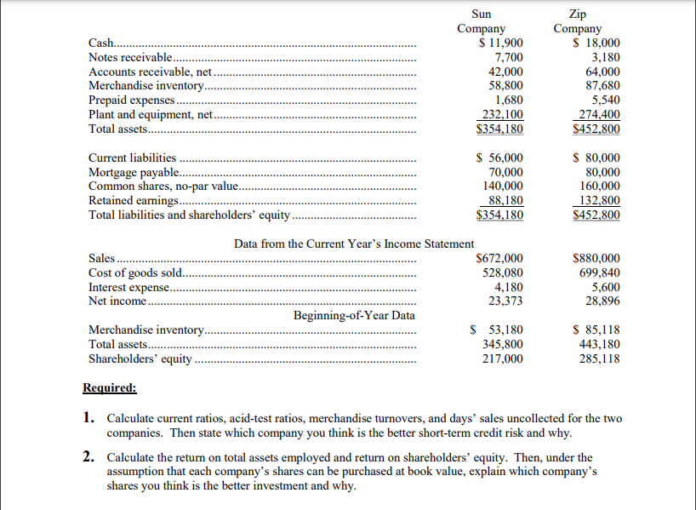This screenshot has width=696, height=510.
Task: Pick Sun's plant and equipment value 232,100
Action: pyautogui.click(x=502, y=115)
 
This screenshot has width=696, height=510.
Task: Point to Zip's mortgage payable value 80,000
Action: pyautogui.click(x=599, y=172)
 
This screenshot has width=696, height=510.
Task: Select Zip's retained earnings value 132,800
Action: pyautogui.click(x=599, y=200)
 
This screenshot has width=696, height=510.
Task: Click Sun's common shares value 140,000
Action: pyautogui.click(x=502, y=186)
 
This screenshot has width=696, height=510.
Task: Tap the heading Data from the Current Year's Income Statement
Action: pyautogui.click(x=354, y=244)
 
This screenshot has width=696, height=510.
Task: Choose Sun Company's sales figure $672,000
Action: pyautogui.click(x=499, y=258)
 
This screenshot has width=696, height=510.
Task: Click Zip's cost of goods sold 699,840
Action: pyautogui.click(x=599, y=272)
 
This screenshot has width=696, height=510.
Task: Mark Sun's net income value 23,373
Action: pyautogui.click(x=505, y=301)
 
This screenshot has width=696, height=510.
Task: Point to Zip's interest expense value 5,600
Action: pyautogui.click(x=605, y=287)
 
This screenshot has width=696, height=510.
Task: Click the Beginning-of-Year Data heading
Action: pyautogui.click(x=354, y=315)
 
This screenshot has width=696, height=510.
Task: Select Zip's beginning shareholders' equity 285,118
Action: pyautogui.click(x=599, y=358)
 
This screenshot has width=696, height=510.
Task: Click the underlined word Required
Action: pyautogui.click(x=109, y=388)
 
